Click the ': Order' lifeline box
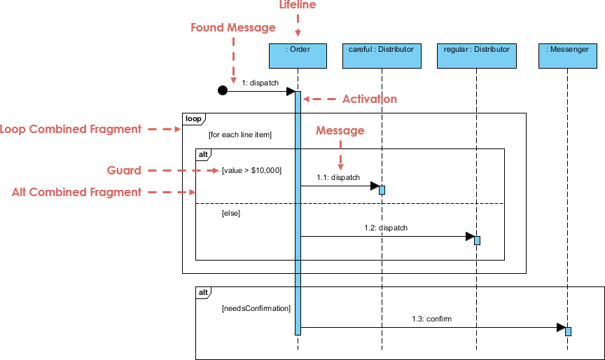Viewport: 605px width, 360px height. [x=298, y=56]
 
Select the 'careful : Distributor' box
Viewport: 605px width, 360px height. [x=382, y=56]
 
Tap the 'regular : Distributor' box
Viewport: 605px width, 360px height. [x=476, y=56]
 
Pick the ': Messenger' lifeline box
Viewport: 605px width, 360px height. [x=568, y=56]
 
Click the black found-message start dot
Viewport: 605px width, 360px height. [x=223, y=90]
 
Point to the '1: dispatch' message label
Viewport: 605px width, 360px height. [x=260, y=83]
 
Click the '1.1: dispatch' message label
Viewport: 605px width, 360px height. [x=338, y=177]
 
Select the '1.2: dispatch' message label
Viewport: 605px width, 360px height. [x=386, y=228]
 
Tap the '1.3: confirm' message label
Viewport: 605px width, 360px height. [x=432, y=319]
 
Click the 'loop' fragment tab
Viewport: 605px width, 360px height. [x=193, y=119]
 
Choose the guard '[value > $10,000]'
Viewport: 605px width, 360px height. [x=251, y=170]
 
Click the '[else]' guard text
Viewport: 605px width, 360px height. [x=230, y=213]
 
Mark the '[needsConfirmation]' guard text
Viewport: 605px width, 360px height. [x=256, y=307]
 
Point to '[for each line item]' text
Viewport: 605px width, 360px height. [x=240, y=134]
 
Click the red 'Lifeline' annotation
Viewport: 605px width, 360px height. [x=298, y=6]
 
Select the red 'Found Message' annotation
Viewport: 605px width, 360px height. [x=233, y=28]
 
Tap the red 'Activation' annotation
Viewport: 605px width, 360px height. [x=369, y=99]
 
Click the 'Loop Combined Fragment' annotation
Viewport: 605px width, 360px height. [x=71, y=129]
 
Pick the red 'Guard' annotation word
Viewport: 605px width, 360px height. [x=124, y=170]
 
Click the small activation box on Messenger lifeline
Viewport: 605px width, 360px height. [x=568, y=331]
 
